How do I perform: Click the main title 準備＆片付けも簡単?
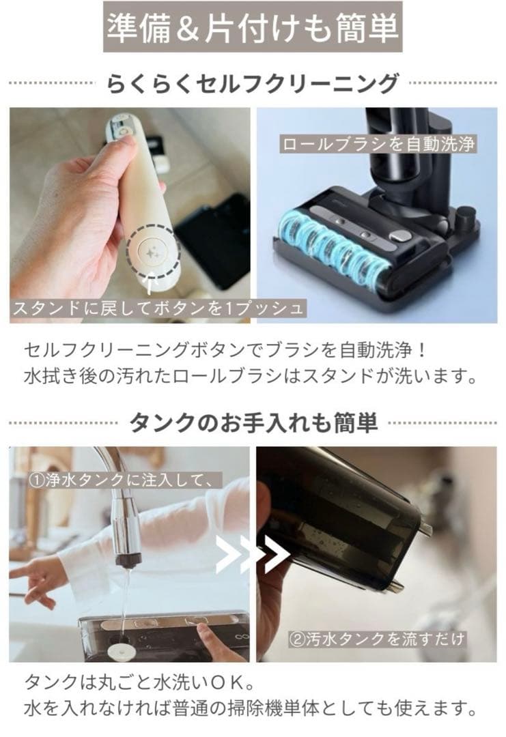coord(253,28)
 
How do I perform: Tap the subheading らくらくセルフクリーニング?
coord(253,83)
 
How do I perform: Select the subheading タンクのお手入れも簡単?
coord(253,423)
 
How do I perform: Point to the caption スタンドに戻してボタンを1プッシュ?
coord(157,308)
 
